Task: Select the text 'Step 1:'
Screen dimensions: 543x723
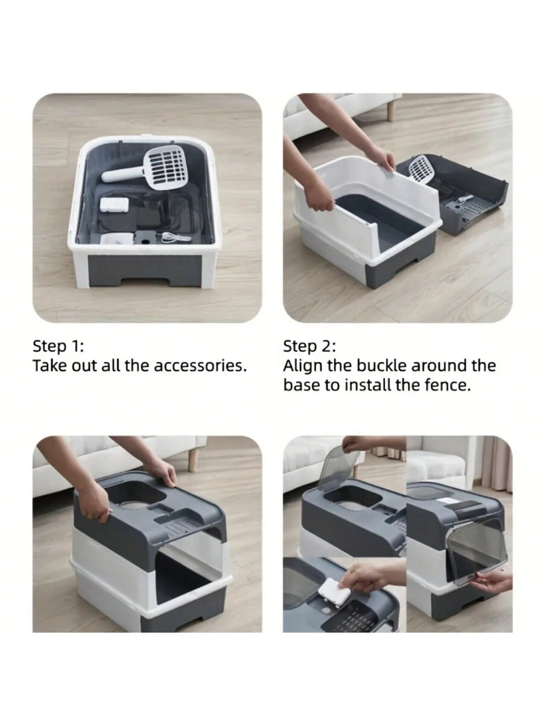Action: (59, 346)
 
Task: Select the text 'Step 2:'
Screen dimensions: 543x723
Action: (310, 346)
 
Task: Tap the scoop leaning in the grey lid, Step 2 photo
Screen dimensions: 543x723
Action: (421, 169)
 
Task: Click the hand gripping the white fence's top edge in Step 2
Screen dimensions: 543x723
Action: (384, 160)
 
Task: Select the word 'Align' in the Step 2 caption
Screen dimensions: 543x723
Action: (303, 366)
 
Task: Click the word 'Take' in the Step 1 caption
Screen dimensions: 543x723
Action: (49, 366)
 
